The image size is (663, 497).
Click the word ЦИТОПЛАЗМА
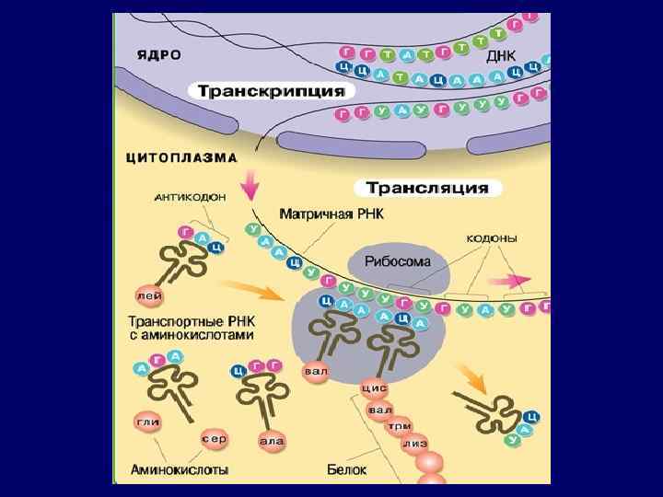coord(180,157)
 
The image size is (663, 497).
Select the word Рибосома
coord(399,261)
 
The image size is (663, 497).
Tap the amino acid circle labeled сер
coord(214,438)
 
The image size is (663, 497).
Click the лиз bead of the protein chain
coord(415,443)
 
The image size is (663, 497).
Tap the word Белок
coord(346,469)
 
